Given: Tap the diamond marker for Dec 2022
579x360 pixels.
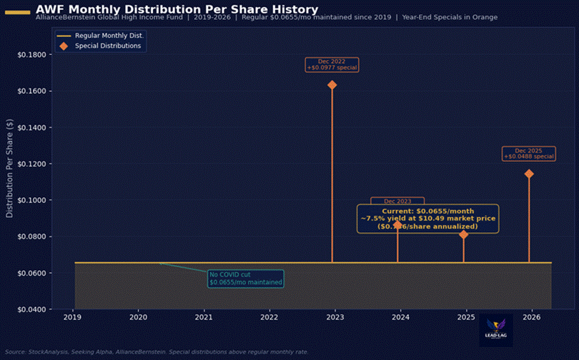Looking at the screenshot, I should pyautogui.click(x=332, y=85).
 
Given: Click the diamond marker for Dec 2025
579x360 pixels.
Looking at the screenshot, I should pyautogui.click(x=529, y=174).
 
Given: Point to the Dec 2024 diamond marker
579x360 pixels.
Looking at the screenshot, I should pyautogui.click(x=463, y=234).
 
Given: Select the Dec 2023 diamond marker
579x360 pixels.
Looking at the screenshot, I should pyautogui.click(x=397, y=224).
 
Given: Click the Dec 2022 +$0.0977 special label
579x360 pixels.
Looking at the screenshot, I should pyautogui.click(x=332, y=65).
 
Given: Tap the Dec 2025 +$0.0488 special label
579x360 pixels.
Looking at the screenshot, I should pyautogui.click(x=529, y=154).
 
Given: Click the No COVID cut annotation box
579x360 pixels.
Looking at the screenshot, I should pyautogui.click(x=246, y=279).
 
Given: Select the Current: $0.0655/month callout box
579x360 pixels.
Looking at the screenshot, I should pyautogui.click(x=427, y=219).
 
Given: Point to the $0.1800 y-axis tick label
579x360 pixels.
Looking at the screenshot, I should pyautogui.click(x=31, y=55).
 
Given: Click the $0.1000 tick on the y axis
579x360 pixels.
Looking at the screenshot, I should pyautogui.click(x=31, y=200).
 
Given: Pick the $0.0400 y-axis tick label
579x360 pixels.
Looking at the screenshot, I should pyautogui.click(x=31, y=309).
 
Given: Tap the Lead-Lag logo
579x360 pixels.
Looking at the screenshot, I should pyautogui.click(x=495, y=331).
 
